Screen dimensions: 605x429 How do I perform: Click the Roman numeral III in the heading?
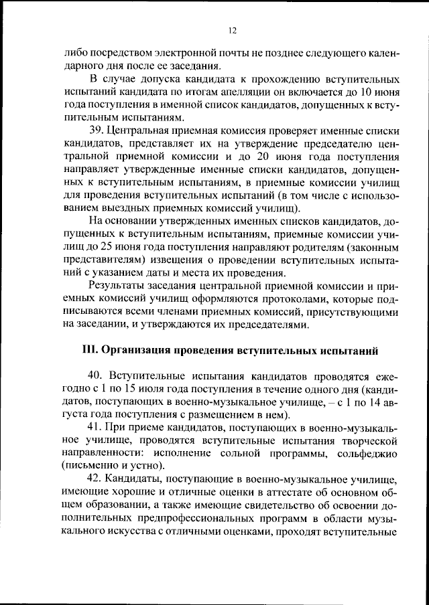[90, 350]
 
